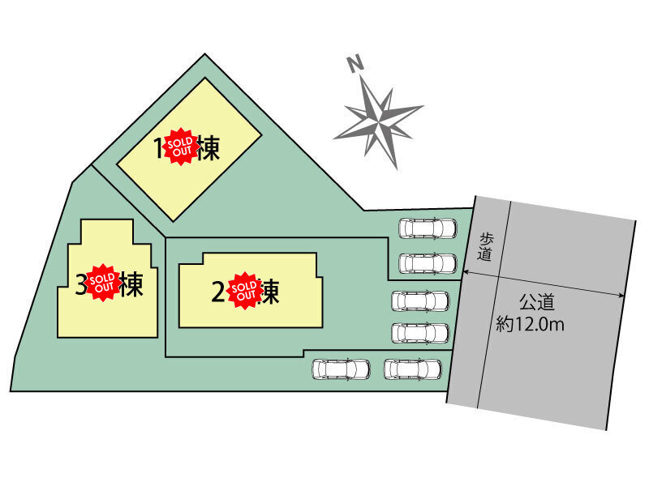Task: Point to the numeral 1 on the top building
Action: (x=160, y=148)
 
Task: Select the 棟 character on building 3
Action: (x=131, y=285)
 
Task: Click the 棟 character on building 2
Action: (x=271, y=292)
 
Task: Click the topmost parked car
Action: (x=428, y=228)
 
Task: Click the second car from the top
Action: (x=428, y=263)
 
